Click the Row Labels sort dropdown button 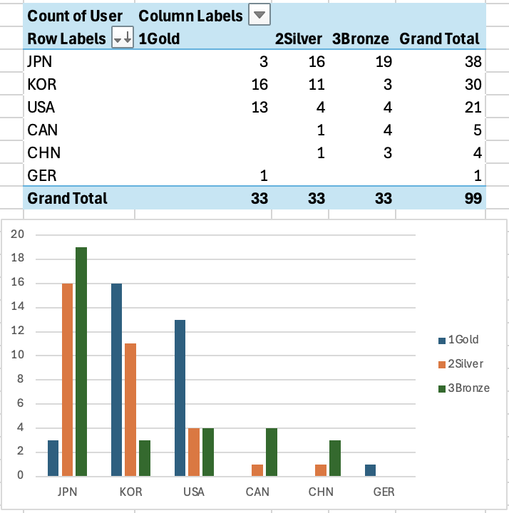point(123,39)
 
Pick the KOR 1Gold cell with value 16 point(259,85)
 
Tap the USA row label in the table point(41,108)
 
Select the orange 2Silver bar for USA point(194,452)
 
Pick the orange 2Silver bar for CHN point(322,470)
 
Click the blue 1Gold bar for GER point(370,470)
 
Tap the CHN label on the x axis point(321,492)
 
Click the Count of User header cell point(75,15)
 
